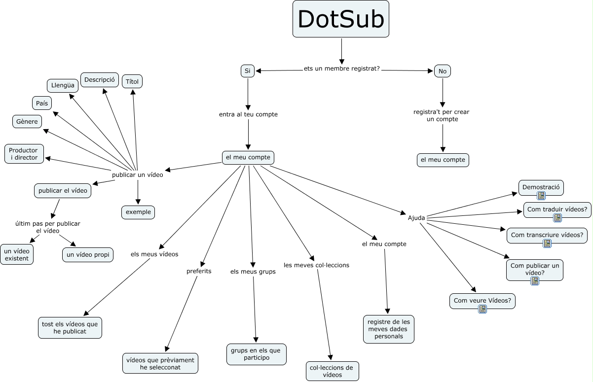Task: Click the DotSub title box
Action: click(x=341, y=19)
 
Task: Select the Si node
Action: click(x=247, y=71)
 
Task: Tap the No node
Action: click(x=442, y=71)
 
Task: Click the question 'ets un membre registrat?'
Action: click(x=341, y=69)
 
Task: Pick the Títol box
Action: click(x=132, y=81)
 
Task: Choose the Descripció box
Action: click(x=99, y=79)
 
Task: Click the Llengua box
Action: click(x=63, y=85)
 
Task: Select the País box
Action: click(x=41, y=103)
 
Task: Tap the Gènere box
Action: click(x=27, y=121)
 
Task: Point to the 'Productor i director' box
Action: click(x=24, y=153)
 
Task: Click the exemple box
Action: click(x=138, y=212)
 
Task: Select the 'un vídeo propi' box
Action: click(x=88, y=254)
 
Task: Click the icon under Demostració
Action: click(x=541, y=196)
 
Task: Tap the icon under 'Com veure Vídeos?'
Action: click(x=482, y=309)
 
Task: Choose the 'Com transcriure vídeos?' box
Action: click(x=547, y=235)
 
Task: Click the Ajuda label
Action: click(x=416, y=217)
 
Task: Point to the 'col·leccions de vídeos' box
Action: click(x=332, y=371)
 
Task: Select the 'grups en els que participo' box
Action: click(x=256, y=354)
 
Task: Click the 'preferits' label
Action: click(x=199, y=271)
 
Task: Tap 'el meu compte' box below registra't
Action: click(x=443, y=160)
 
